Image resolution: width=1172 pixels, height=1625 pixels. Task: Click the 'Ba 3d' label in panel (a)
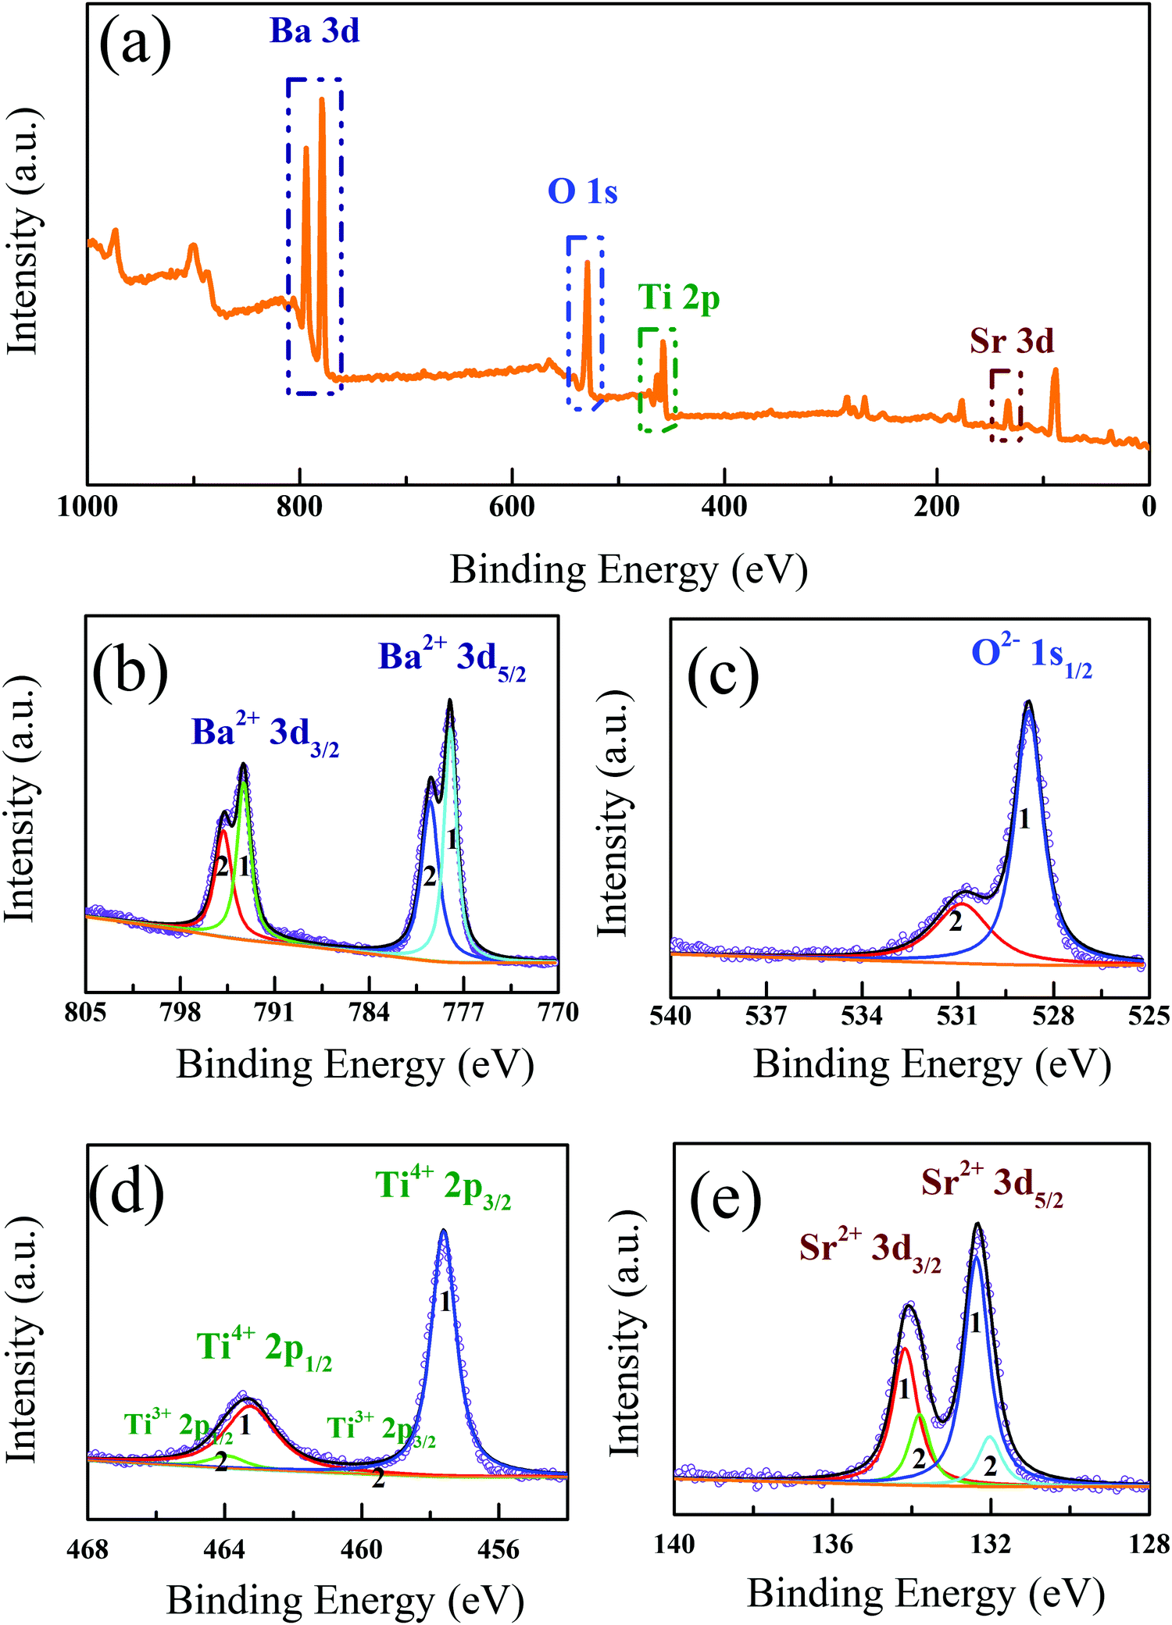(314, 32)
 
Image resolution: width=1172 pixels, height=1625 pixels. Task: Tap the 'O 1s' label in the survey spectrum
(582, 192)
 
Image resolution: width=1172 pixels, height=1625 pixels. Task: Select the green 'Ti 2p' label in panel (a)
(678, 298)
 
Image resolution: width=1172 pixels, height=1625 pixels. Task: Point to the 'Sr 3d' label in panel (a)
(1012, 341)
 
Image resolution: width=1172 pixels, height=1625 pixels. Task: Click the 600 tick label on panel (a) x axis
(512, 507)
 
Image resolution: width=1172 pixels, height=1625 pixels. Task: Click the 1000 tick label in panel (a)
(88, 507)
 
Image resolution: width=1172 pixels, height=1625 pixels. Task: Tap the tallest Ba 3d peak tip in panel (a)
(322, 99)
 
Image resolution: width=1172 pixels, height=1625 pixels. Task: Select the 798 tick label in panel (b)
(180, 1013)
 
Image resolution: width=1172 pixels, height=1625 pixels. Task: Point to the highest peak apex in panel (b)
(449, 700)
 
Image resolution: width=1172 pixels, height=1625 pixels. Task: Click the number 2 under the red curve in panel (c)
(956, 922)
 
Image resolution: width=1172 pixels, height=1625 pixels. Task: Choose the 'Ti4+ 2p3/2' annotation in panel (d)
(443, 1187)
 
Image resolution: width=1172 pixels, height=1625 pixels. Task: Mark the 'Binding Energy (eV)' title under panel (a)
(628, 570)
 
